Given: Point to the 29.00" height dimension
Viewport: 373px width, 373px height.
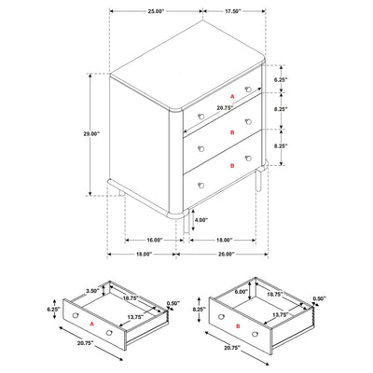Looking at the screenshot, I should click(90, 134).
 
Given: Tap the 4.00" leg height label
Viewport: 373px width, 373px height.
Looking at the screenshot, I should click(200, 221).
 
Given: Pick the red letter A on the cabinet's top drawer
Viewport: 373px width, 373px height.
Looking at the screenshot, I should click(231, 96).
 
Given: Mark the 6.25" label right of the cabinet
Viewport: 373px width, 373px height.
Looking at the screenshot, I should click(281, 81).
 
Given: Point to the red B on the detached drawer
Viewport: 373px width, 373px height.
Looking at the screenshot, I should click(241, 326).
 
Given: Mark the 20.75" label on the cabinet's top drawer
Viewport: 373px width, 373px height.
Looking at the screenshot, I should click(224, 107).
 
